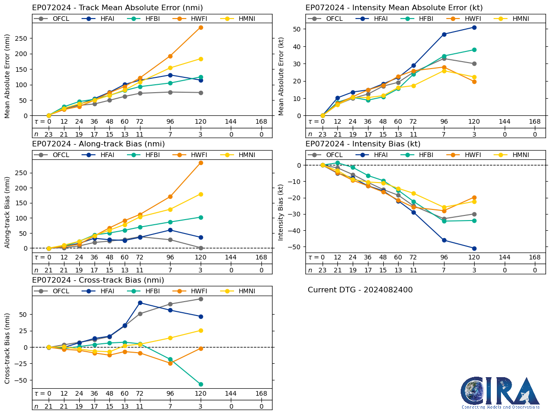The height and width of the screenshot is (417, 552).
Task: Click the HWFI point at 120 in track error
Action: (x=201, y=27)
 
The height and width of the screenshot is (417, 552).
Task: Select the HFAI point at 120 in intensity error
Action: (x=474, y=27)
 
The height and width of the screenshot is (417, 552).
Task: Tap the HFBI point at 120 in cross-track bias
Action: (x=201, y=384)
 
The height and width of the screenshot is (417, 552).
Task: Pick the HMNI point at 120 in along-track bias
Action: (x=201, y=194)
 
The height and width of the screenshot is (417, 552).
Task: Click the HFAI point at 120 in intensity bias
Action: (x=474, y=248)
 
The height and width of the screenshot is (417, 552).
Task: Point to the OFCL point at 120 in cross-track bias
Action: (x=201, y=299)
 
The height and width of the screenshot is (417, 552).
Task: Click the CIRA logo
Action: (x=500, y=392)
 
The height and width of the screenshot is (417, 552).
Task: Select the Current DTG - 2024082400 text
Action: (x=360, y=290)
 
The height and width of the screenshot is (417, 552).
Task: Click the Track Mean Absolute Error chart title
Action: (x=117, y=8)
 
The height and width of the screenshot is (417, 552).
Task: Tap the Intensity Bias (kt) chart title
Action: (x=363, y=144)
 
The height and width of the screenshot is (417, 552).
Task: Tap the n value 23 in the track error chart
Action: (x=49, y=134)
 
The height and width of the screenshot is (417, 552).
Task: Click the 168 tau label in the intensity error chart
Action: (x=535, y=121)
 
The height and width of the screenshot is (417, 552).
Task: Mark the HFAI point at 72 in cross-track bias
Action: (x=140, y=303)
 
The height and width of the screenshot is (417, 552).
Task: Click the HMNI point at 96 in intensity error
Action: (x=444, y=70)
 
